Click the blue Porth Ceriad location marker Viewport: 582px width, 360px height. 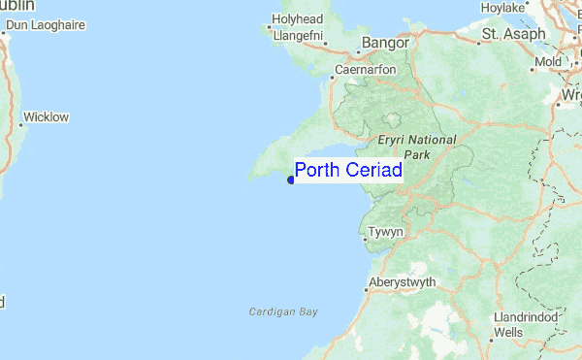click(291, 179)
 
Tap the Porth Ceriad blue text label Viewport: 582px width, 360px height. click(348, 170)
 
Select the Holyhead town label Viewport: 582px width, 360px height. click(297, 18)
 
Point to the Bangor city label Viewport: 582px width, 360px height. click(386, 43)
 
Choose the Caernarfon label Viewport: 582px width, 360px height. click(367, 70)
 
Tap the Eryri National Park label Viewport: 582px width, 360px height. click(417, 147)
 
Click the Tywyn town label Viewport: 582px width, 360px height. click(386, 233)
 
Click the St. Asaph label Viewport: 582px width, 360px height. click(514, 34)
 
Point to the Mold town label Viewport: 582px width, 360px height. click(549, 62)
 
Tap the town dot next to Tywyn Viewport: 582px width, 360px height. click(365, 234)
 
